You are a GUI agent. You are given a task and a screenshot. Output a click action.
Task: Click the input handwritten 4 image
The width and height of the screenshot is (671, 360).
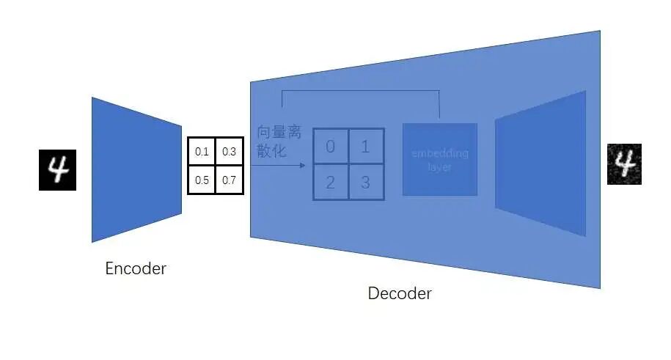click(57, 169)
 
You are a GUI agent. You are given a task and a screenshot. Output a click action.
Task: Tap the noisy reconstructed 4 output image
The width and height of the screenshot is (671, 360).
click(625, 164)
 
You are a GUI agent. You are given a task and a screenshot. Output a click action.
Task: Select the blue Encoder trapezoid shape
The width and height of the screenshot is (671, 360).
click(136, 169)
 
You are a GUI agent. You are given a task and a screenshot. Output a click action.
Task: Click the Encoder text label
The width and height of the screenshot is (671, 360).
click(136, 268)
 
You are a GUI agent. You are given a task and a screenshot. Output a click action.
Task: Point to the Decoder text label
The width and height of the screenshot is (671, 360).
click(400, 294)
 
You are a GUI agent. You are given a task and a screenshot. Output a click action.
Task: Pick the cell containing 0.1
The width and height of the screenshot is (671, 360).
click(202, 152)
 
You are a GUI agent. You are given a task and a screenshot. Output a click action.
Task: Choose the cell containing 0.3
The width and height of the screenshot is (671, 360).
click(229, 152)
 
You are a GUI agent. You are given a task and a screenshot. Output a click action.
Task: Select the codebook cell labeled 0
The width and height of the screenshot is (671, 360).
click(331, 147)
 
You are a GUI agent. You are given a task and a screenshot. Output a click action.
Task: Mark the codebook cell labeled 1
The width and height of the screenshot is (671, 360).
click(365, 147)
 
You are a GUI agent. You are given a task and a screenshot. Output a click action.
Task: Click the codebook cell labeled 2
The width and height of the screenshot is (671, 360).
click(331, 182)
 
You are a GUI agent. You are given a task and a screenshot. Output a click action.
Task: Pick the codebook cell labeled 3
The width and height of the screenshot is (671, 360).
click(365, 182)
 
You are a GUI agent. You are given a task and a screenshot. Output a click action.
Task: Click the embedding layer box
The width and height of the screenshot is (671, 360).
click(440, 159)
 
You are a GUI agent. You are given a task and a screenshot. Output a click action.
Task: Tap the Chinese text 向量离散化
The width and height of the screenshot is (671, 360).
click(279, 142)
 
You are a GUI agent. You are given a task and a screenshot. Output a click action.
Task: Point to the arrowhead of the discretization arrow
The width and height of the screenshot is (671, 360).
click(302, 166)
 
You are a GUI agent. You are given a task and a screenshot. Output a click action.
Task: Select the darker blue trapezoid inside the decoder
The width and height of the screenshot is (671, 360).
click(541, 163)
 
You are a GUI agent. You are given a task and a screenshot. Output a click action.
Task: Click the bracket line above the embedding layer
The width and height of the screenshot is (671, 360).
click(359, 91)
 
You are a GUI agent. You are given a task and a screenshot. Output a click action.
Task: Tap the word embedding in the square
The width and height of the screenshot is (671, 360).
click(440, 154)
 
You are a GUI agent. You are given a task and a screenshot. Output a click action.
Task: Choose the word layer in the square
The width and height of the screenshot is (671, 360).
click(440, 167)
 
